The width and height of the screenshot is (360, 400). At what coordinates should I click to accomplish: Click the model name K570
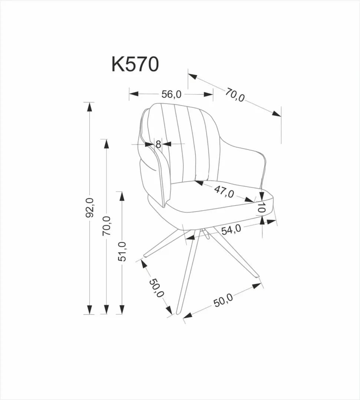point(135,64)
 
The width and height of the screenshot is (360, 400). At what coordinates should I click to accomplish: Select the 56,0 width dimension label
point(171,94)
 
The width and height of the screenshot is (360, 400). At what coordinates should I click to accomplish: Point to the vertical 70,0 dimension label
point(107,226)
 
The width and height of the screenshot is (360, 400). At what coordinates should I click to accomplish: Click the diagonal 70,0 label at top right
point(235,95)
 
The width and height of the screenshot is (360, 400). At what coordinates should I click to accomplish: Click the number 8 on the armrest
point(158,144)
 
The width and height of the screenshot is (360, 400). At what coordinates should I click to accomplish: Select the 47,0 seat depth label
point(224,191)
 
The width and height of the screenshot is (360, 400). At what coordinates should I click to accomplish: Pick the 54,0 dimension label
point(231,230)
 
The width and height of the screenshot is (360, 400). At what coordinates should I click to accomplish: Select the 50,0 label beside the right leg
point(223,300)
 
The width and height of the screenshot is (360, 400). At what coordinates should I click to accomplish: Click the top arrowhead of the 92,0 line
point(89,107)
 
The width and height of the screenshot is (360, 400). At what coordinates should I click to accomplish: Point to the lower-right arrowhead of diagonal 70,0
point(276,114)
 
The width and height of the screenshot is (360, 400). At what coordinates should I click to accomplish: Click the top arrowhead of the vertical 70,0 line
point(106,144)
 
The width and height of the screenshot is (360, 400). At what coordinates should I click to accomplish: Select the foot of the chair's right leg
point(256,276)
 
